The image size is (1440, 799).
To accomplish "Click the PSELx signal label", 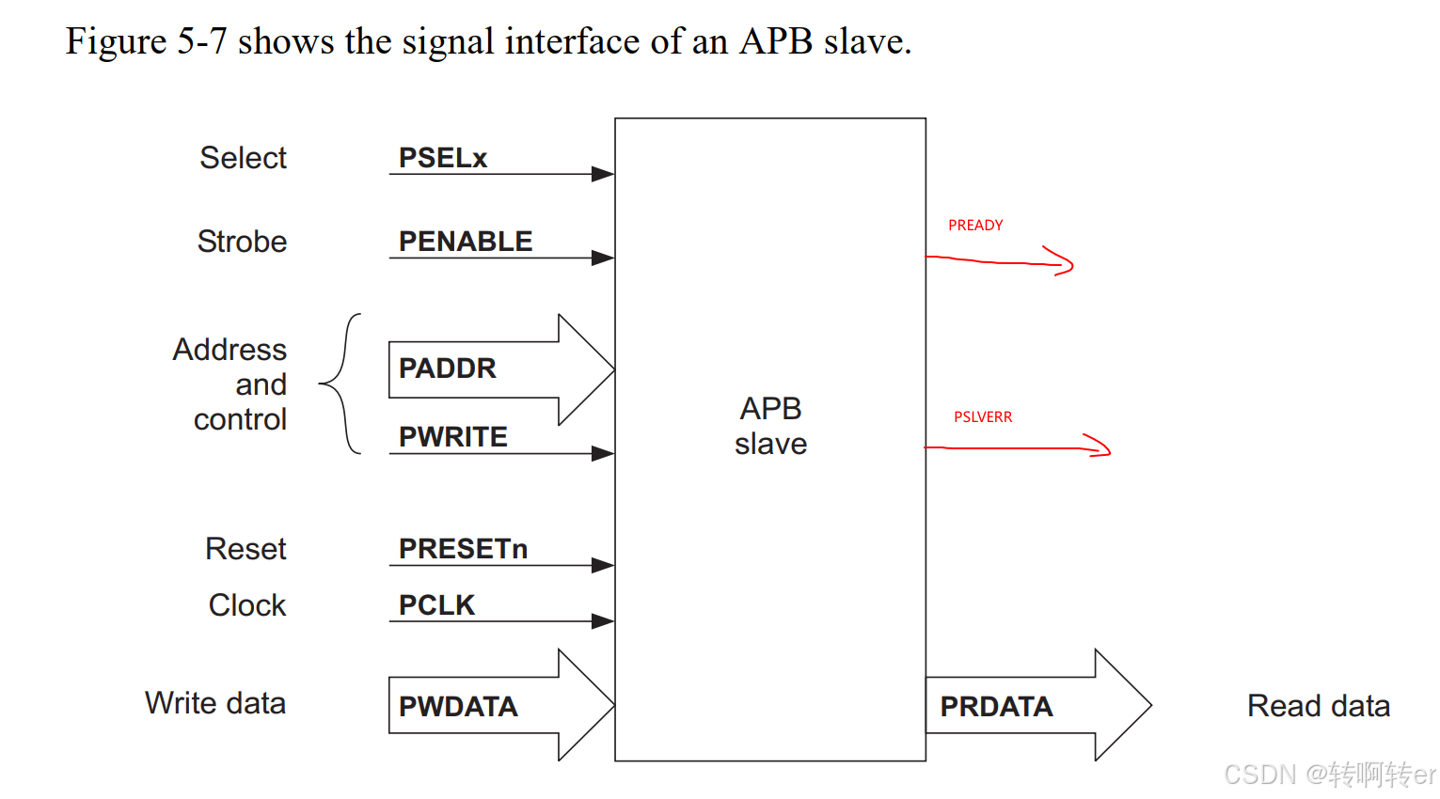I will pyautogui.click(x=442, y=158).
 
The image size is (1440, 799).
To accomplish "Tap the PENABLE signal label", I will pyautogui.click(x=465, y=242).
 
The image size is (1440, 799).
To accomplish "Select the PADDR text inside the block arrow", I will pyautogui.click(x=447, y=368).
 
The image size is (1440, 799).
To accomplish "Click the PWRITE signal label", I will pyautogui.click(x=452, y=437).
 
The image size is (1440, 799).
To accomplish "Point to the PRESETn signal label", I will pyautogui.click(x=463, y=549).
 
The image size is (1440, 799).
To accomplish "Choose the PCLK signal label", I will pyautogui.click(x=436, y=605).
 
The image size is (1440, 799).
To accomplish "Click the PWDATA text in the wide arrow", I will pyautogui.click(x=458, y=707).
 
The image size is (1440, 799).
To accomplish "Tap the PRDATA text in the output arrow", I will pyautogui.click(x=996, y=707).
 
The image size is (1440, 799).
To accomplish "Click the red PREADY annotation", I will pyautogui.click(x=975, y=226).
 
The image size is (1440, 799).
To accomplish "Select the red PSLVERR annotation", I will pyautogui.click(x=983, y=417).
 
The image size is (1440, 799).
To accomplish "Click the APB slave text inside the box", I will pyautogui.click(x=770, y=426).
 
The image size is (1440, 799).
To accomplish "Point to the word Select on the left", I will pyautogui.click(x=243, y=158).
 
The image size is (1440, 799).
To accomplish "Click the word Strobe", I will pyautogui.click(x=242, y=242).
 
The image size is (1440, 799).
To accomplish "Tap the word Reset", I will pyautogui.click(x=245, y=549).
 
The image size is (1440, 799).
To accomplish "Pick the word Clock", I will pyautogui.click(x=246, y=605).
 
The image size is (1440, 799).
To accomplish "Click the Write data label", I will pyautogui.click(x=214, y=703).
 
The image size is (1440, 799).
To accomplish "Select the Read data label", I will pyautogui.click(x=1318, y=706).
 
